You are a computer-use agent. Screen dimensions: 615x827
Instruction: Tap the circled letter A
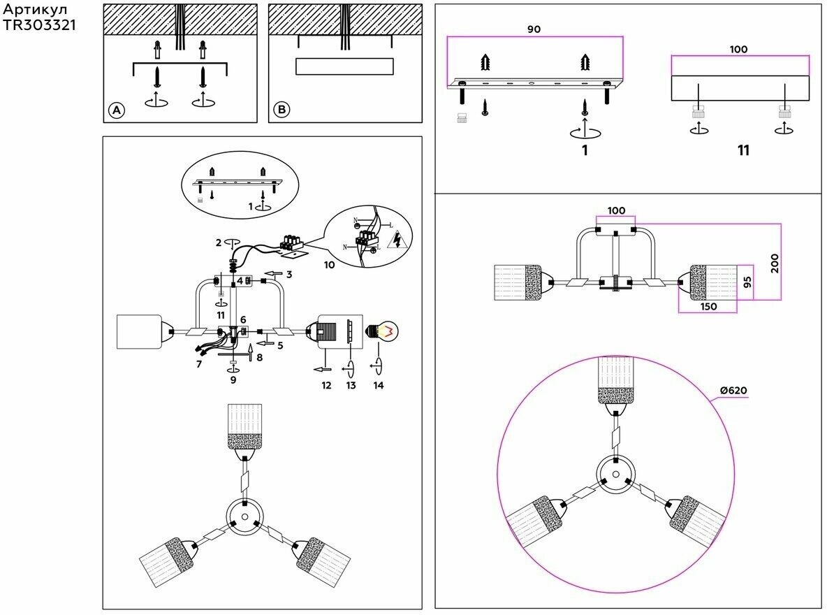click(117, 110)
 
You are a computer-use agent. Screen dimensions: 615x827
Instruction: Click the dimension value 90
click(534, 29)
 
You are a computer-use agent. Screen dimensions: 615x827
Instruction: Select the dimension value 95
click(745, 282)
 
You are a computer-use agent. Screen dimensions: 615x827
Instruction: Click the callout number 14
click(378, 384)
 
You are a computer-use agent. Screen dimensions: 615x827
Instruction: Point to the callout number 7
click(199, 364)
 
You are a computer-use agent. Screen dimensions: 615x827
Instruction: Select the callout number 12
click(325, 384)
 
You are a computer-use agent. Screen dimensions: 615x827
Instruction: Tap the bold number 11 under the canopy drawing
click(743, 150)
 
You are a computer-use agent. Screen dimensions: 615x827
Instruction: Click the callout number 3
click(288, 275)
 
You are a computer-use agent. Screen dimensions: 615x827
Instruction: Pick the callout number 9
click(233, 380)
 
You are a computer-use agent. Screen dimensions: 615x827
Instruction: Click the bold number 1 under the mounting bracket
click(584, 150)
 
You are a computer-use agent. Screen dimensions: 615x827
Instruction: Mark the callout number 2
click(219, 243)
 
